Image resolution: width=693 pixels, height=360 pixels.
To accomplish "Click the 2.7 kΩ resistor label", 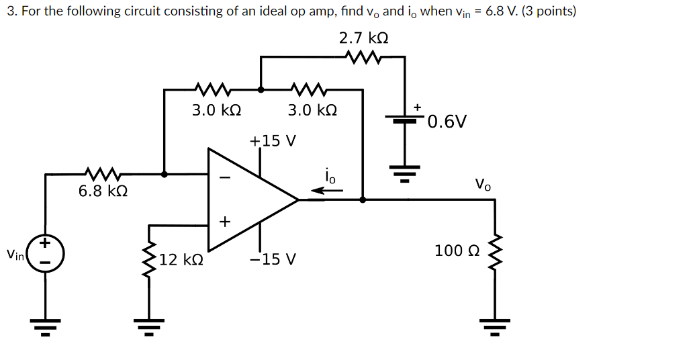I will [x=363, y=38].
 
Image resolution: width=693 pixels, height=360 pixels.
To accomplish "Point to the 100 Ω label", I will [x=457, y=251].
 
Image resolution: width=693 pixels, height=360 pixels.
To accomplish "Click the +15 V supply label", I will [x=273, y=142].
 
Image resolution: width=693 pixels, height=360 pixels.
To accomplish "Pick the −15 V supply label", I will [x=273, y=259].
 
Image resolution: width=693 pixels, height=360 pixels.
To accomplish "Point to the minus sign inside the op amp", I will [x=226, y=178].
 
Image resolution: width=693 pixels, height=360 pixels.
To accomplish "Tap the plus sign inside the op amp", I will [x=225, y=221].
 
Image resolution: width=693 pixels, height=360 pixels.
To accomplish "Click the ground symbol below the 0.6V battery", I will [x=405, y=173].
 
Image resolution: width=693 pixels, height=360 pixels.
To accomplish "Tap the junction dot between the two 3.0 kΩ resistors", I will [x=261, y=89].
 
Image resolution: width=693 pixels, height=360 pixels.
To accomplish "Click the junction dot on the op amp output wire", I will [x=363, y=199].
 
